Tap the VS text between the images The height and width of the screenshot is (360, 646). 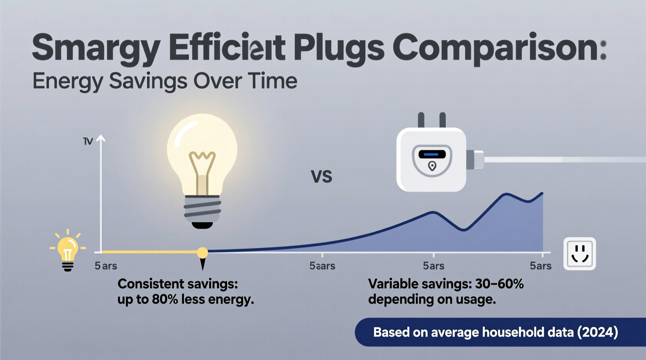[x=321, y=177]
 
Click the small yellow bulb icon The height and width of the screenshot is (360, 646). [x=68, y=249]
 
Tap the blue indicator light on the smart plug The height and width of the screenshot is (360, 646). [x=431, y=154]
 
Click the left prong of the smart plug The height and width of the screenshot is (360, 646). [x=421, y=120]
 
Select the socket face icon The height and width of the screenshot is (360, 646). [x=580, y=254]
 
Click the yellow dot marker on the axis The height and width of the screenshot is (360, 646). [x=202, y=253]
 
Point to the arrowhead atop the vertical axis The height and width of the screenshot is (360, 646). [x=101, y=138]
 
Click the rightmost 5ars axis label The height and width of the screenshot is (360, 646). [x=540, y=266]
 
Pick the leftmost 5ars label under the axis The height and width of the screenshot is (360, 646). [x=106, y=266]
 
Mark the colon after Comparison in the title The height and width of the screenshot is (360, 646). [x=603, y=50]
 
